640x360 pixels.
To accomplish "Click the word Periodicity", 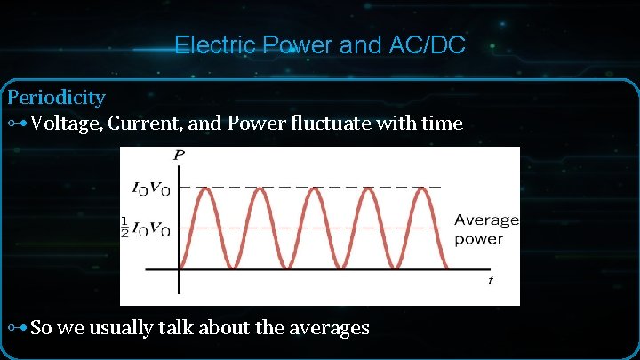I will click(56, 97).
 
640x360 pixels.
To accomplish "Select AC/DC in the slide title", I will click(428, 44).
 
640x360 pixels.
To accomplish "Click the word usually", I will click(127, 327).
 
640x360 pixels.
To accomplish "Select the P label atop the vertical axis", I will click(180, 156).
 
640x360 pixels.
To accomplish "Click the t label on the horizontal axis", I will click(490, 281).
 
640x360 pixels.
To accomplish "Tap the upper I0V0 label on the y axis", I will click(150, 188).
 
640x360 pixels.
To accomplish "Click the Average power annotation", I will click(485, 228).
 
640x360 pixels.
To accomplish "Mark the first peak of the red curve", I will click(204, 188).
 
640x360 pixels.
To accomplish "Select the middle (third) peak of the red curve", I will click(312, 188).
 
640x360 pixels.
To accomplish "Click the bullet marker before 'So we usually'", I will click(17, 328).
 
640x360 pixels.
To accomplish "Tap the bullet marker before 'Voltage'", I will click(17, 124).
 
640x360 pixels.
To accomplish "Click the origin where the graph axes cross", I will click(180, 269).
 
